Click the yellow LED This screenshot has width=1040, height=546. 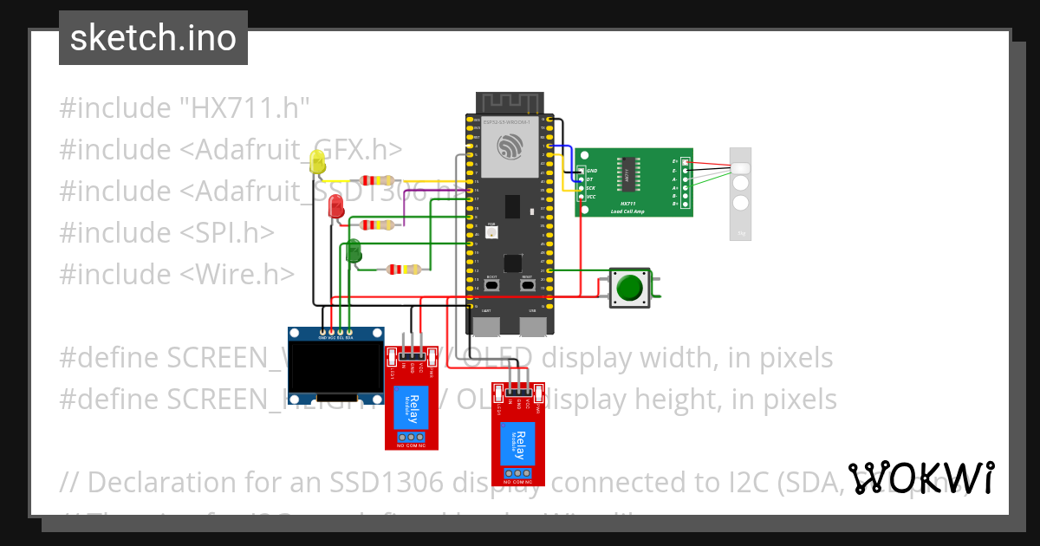click(x=318, y=160)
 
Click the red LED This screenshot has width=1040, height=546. click(x=335, y=206)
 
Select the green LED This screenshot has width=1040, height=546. click(x=354, y=251)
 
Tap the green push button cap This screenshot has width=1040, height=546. click(x=630, y=287)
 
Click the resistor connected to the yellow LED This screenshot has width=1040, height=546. click(x=380, y=180)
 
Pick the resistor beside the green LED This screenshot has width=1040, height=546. click(x=404, y=270)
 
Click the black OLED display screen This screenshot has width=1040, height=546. click(x=335, y=367)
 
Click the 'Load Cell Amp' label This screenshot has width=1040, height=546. click(x=627, y=211)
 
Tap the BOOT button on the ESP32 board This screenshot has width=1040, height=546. click(x=491, y=284)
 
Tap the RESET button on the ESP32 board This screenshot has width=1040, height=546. click(x=527, y=284)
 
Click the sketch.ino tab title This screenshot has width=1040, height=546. click(x=153, y=38)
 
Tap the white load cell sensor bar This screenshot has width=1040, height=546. click(x=741, y=193)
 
